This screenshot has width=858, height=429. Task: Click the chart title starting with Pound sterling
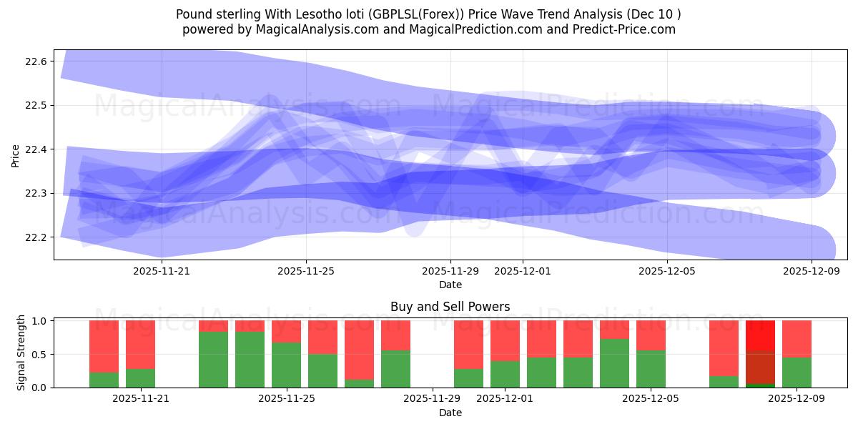coord(428,14)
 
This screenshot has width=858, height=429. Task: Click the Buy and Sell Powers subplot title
coord(450,307)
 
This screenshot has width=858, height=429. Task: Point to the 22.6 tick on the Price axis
coord(36,62)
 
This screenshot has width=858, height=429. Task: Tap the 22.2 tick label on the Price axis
coord(36,237)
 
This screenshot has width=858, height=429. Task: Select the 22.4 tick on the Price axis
coord(36,149)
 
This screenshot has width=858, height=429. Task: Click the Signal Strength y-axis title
coord(21,352)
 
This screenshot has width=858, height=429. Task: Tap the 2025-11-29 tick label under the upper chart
coord(450,271)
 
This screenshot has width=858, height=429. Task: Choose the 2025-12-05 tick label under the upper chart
coord(667,271)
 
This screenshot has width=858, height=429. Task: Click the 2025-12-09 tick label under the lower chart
coord(797,399)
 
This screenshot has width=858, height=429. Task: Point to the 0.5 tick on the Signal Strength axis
coord(39,355)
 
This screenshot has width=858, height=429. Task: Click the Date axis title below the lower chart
coord(450,413)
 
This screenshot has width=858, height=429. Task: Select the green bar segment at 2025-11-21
coord(140,378)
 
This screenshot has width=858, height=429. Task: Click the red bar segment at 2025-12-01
coord(505,340)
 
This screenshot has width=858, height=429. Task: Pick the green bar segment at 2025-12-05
coord(651,369)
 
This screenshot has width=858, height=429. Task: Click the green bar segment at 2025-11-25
coord(286,365)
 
